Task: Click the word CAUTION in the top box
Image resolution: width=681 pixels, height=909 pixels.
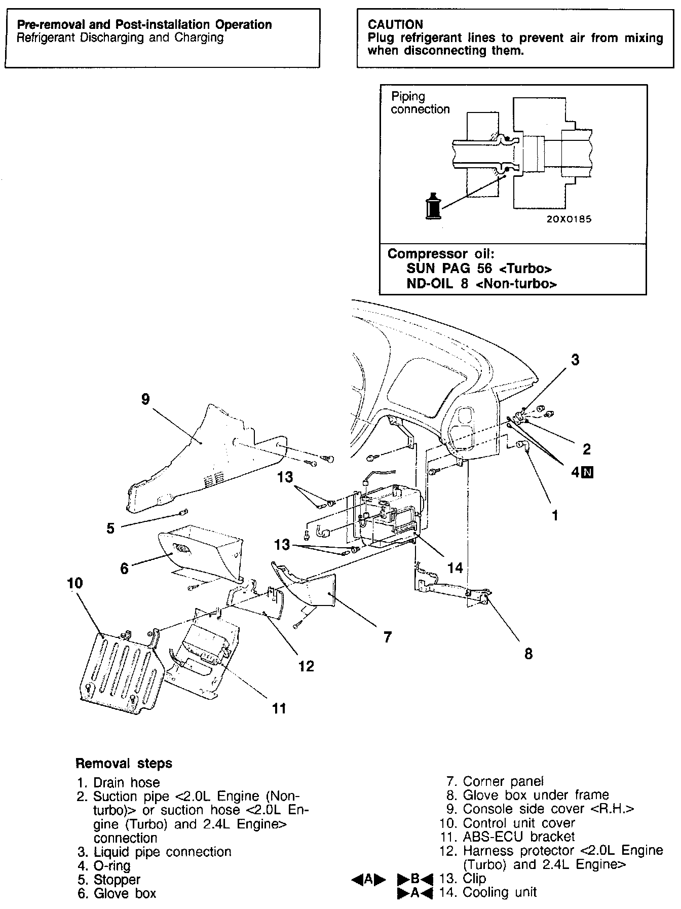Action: pyautogui.click(x=395, y=24)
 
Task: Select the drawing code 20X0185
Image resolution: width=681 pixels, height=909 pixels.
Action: pyautogui.click(x=569, y=219)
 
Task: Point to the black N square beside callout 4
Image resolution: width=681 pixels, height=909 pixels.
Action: pyautogui.click(x=588, y=473)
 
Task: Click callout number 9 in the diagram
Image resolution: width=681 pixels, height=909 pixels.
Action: pyautogui.click(x=145, y=400)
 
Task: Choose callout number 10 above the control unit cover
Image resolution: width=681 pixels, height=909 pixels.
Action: pyautogui.click(x=74, y=583)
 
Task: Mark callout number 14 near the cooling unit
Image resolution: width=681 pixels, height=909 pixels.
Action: pyautogui.click(x=455, y=568)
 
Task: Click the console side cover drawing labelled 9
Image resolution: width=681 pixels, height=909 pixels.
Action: pyautogui.click(x=203, y=456)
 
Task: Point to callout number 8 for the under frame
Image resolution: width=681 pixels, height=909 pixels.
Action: pyautogui.click(x=528, y=654)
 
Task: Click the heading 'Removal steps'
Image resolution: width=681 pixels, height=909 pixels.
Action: pyautogui.click(x=124, y=764)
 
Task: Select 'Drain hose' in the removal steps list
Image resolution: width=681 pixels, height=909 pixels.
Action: pyautogui.click(x=127, y=783)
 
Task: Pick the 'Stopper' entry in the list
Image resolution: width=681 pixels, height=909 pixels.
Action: pyautogui.click(x=117, y=880)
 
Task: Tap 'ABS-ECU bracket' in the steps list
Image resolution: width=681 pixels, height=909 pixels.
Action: pyautogui.click(x=519, y=837)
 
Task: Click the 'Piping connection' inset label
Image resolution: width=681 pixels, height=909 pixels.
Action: pyautogui.click(x=420, y=103)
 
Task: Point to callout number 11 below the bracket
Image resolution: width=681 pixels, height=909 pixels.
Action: pyautogui.click(x=279, y=708)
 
